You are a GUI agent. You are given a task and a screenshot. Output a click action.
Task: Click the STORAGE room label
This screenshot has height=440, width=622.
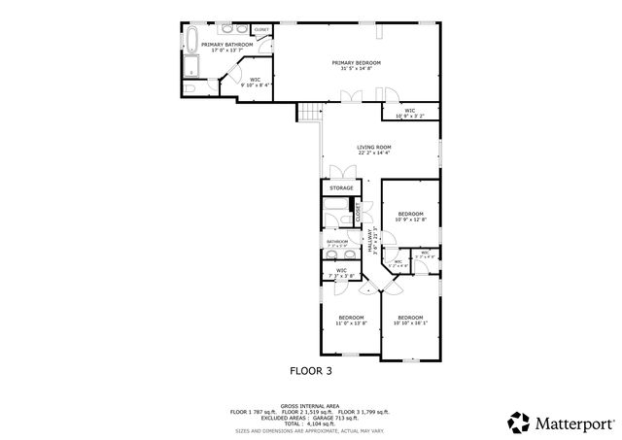point(341,187)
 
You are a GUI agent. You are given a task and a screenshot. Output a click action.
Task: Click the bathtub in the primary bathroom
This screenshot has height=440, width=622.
point(190,42)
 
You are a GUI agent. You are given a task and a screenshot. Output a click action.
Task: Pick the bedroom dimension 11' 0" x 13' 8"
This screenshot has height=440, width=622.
point(351,322)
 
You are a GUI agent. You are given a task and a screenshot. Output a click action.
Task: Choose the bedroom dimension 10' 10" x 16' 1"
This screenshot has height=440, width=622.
point(410,322)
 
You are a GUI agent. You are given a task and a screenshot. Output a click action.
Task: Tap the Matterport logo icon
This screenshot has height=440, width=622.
point(519,423)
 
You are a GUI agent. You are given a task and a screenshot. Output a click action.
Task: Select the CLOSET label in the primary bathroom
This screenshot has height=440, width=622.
point(261,31)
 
